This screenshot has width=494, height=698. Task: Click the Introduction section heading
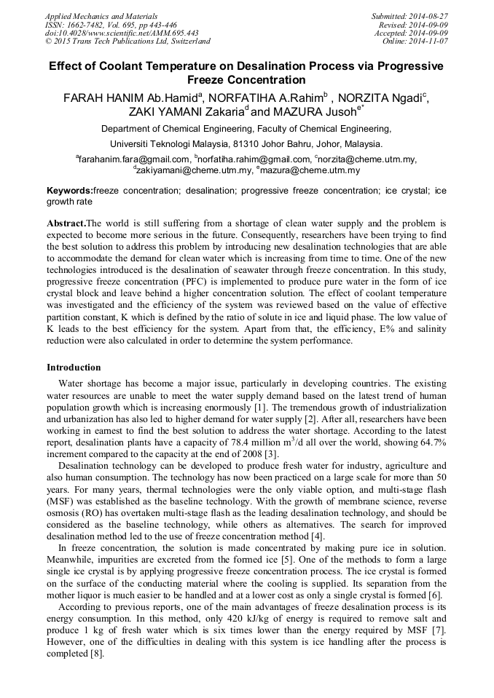point(74,367)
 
